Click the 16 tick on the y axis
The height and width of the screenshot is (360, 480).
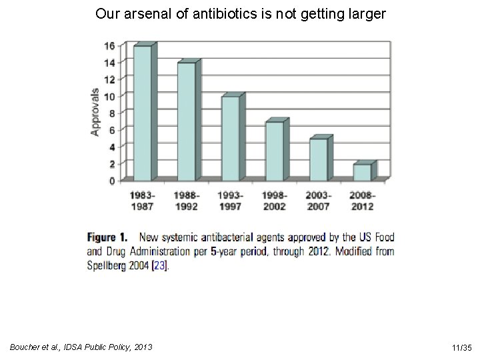pos(109,46)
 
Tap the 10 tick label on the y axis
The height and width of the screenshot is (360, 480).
pos(109,97)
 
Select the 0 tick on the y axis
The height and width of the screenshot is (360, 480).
pos(112,181)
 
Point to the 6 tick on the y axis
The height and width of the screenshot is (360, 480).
pos(112,131)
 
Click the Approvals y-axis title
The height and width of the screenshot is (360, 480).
pos(95,112)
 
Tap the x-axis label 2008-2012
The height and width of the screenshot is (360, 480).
pos(363,201)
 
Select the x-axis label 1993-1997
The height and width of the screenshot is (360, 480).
pos(231,201)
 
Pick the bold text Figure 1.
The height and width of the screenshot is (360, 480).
pos(107,237)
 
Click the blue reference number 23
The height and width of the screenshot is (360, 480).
pos(160,265)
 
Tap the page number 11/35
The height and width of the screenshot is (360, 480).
pos(462,348)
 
